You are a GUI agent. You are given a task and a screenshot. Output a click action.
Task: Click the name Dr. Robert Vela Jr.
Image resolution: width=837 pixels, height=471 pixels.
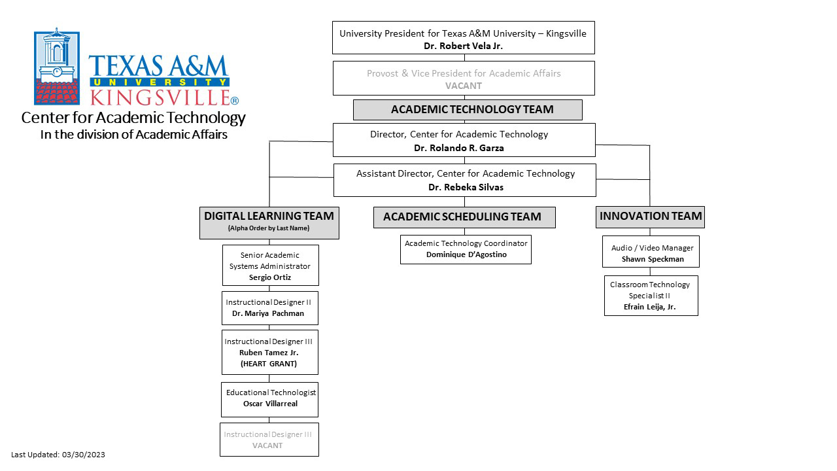pos(463,46)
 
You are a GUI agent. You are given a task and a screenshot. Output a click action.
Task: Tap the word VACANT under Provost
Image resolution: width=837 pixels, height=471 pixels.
pos(464,86)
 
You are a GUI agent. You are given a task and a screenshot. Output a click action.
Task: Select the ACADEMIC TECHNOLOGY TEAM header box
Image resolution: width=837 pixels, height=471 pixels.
pos(468,109)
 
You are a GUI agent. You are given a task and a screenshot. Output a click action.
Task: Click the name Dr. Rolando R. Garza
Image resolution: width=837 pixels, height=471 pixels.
pos(459,148)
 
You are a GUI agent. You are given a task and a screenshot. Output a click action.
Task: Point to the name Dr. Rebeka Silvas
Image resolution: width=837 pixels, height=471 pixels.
pos(466,187)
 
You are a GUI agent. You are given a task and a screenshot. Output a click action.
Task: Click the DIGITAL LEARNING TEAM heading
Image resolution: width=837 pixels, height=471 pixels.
pos(269,216)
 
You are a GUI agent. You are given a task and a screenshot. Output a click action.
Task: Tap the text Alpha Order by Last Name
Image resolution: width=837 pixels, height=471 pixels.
pos(269,228)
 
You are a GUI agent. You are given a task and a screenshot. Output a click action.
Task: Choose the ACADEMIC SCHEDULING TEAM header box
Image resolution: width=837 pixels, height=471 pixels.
pos(464,217)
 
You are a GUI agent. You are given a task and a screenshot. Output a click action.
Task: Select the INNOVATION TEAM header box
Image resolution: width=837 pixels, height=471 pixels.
pos(650,217)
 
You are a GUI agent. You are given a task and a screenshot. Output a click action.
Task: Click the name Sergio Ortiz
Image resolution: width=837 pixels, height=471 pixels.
pos(270,277)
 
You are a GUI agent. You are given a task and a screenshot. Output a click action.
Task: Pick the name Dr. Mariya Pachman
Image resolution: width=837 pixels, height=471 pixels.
pos(268,313)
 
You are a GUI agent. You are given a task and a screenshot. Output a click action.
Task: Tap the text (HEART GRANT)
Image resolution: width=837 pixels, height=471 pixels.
pos(269,364)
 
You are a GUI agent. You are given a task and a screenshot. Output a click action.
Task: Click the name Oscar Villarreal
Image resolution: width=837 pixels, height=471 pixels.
pos(270,404)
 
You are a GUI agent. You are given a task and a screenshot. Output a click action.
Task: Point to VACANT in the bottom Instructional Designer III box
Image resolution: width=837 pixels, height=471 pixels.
pos(267,445)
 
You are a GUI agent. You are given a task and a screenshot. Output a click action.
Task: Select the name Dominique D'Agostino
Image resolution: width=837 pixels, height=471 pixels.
pos(466,254)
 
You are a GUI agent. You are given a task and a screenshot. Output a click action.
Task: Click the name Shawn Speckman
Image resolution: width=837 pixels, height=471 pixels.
pos(653,259)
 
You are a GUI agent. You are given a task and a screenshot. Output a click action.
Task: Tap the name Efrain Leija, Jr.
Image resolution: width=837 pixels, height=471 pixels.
pos(649,307)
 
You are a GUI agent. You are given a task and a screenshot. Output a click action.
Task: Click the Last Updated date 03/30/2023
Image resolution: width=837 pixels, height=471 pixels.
pos(83,455)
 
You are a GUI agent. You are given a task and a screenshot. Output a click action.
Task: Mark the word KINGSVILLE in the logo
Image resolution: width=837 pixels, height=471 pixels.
pos(160,97)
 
